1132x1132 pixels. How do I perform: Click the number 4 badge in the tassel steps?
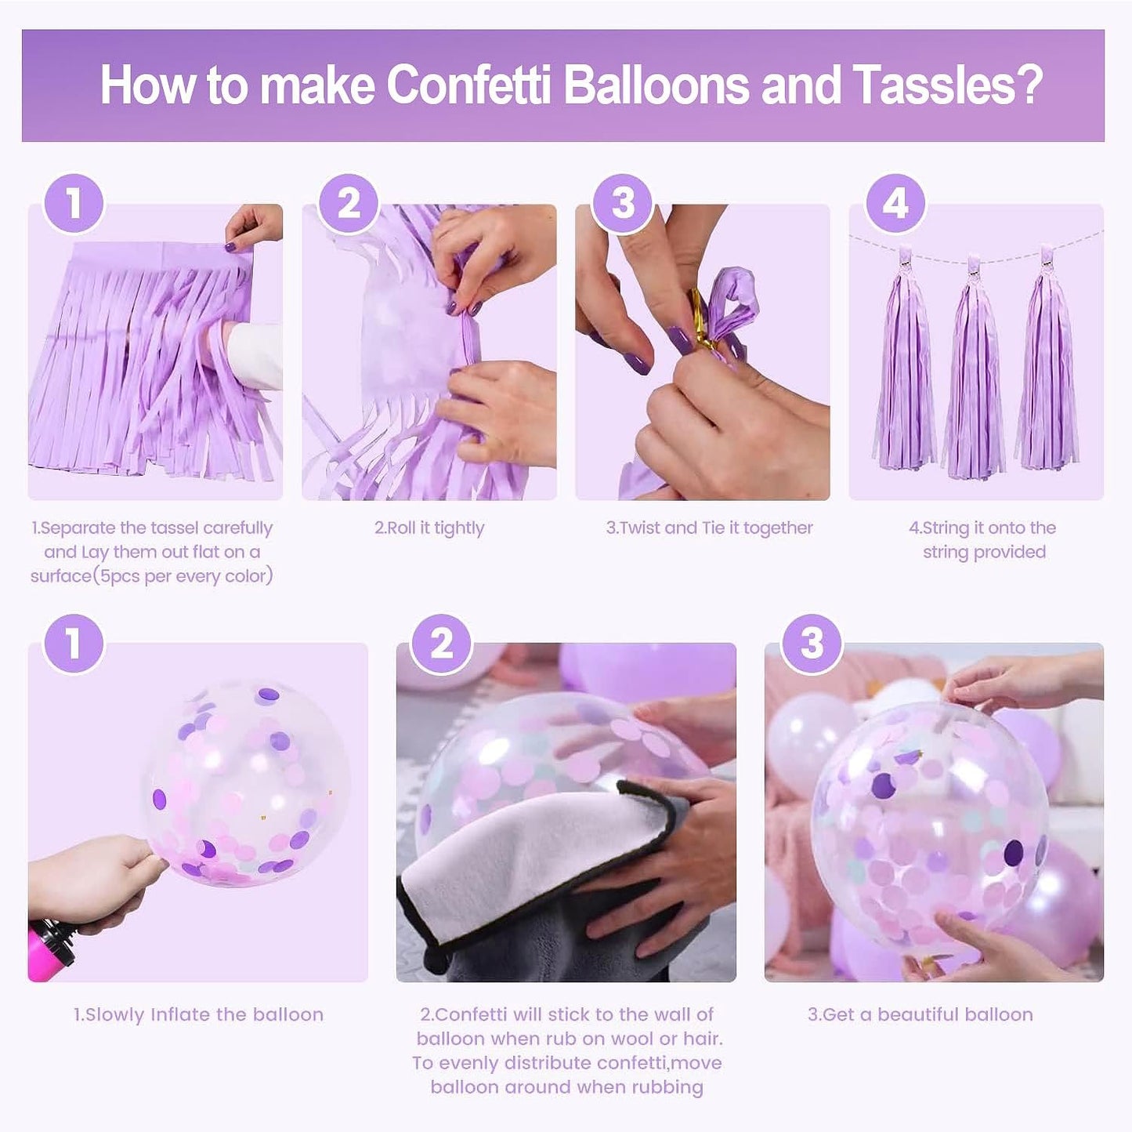895,204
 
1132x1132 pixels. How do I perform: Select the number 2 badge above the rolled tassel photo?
349,204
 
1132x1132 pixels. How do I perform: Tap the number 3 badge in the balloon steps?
812,644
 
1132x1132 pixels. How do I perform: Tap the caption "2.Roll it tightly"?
429,528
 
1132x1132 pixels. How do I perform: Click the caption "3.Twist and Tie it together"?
709,528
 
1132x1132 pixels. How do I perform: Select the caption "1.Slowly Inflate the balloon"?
198,1014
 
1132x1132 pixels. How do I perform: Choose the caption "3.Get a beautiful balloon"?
920,1014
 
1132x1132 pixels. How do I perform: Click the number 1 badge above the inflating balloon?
74,644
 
